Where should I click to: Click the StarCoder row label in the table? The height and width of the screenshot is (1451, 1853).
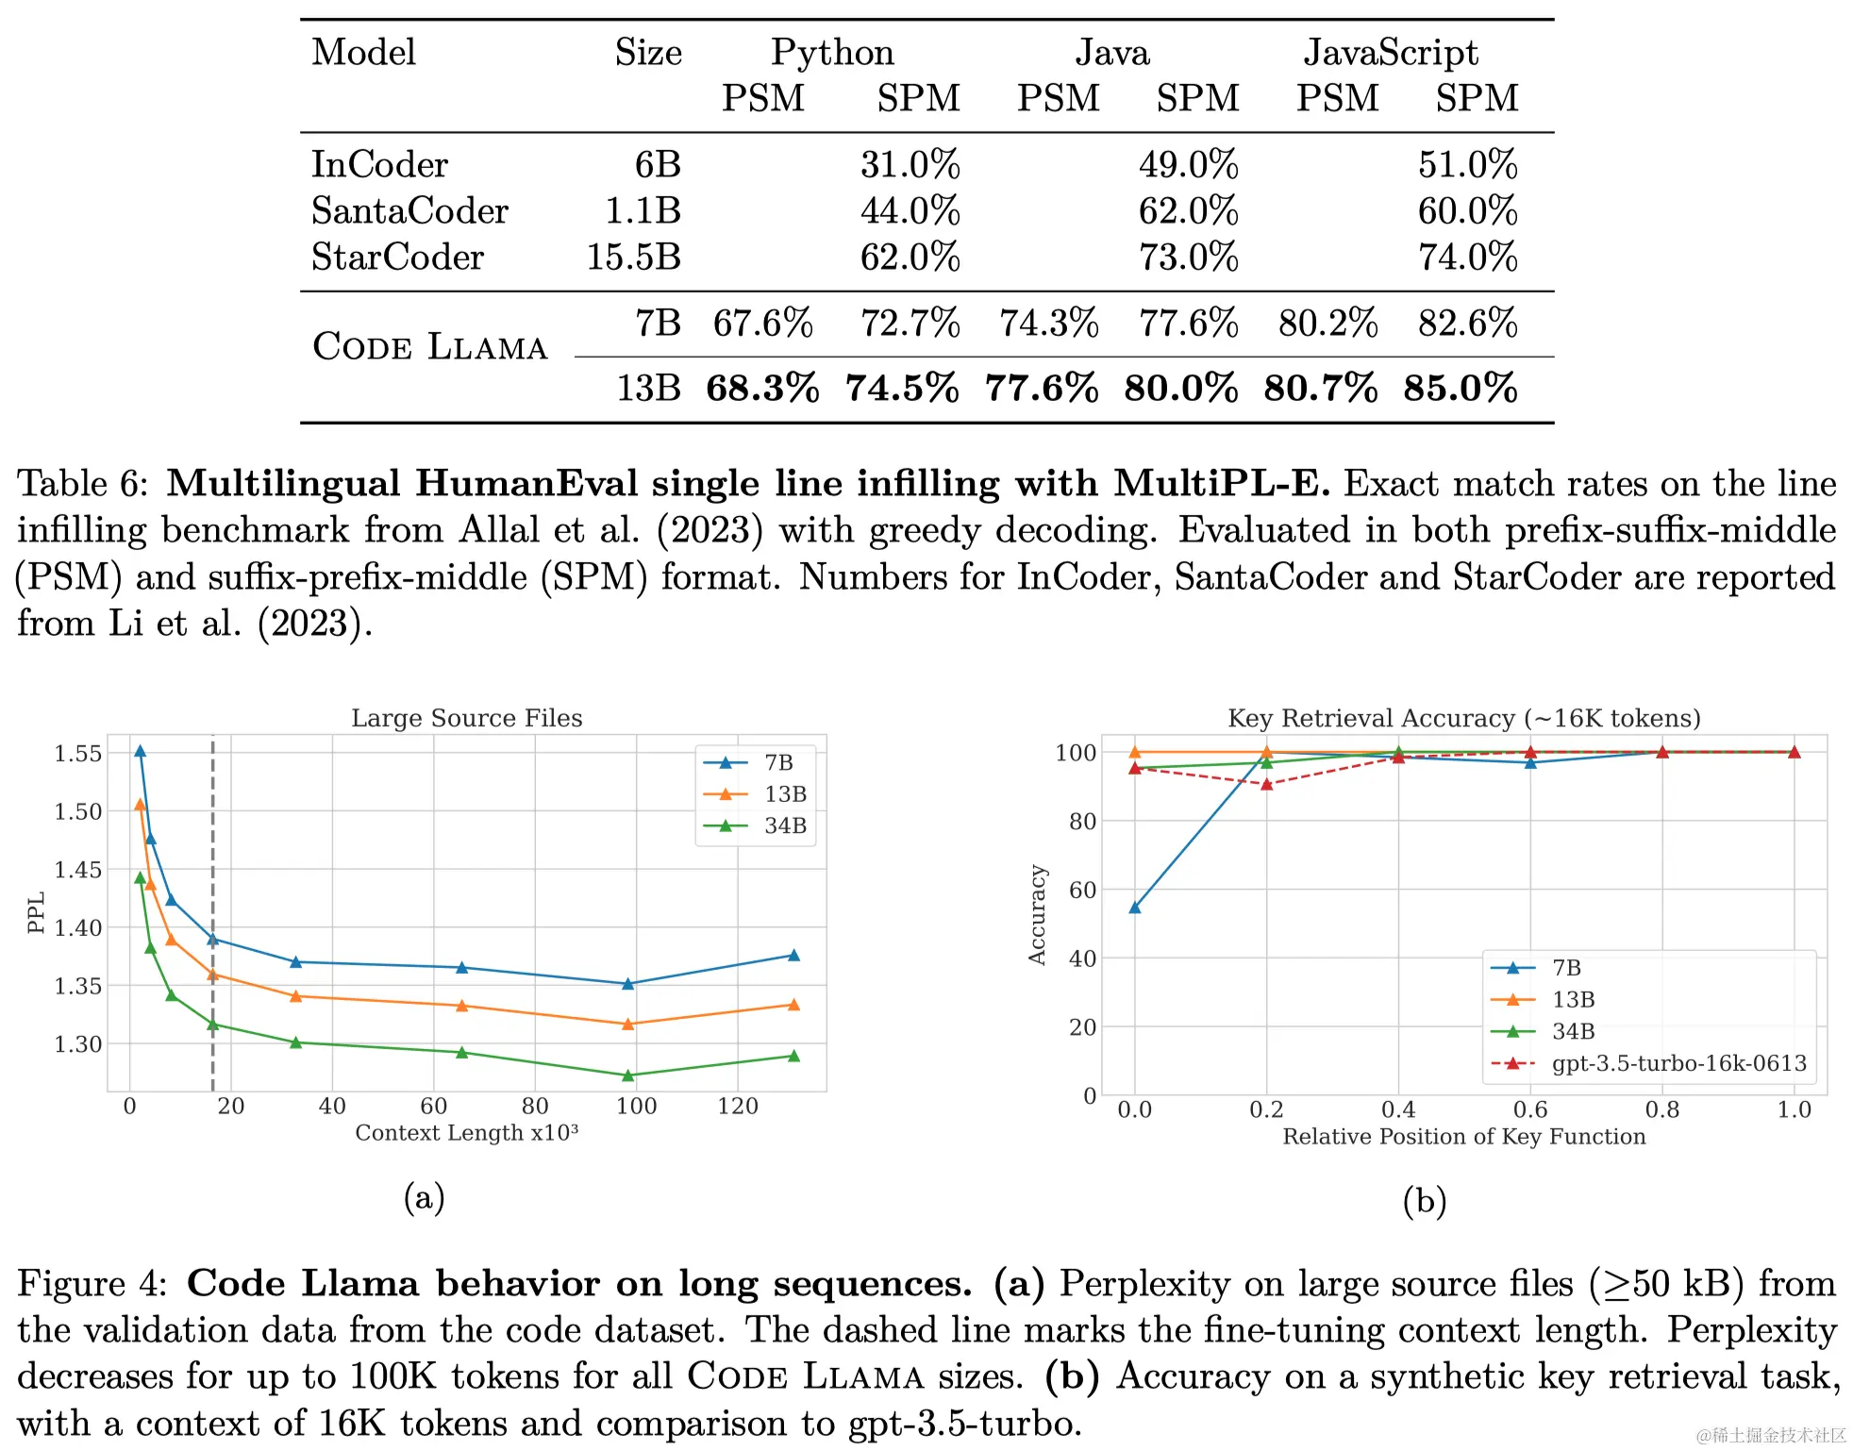point(397,258)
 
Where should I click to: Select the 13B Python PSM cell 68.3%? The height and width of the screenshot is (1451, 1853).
point(761,389)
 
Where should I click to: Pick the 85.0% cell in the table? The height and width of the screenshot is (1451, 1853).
point(1460,389)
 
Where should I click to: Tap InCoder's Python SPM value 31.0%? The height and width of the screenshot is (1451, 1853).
point(910,165)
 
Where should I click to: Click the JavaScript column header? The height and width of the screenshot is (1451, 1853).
point(1391,53)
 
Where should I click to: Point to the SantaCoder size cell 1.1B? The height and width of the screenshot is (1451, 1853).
point(643,211)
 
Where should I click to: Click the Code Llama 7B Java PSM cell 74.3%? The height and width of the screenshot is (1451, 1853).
point(1049,324)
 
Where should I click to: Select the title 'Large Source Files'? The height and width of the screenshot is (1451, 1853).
point(466,718)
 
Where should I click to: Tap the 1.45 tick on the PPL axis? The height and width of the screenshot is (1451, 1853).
point(77,870)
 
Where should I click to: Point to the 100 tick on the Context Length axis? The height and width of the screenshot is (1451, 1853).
point(636,1107)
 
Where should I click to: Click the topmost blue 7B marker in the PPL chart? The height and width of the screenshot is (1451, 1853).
point(141,752)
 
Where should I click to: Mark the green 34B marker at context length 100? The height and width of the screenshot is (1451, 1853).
point(628,1076)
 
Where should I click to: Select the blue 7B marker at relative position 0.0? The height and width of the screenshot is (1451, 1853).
point(1135,908)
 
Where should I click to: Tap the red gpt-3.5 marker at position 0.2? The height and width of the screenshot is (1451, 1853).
point(1266,784)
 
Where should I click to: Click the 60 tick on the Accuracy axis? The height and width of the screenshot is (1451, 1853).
point(1082,891)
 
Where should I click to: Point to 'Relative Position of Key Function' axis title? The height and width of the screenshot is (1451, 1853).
point(1463,1137)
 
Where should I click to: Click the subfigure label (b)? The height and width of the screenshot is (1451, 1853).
point(1424,1201)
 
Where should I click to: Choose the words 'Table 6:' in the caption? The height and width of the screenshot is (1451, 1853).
point(83,484)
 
